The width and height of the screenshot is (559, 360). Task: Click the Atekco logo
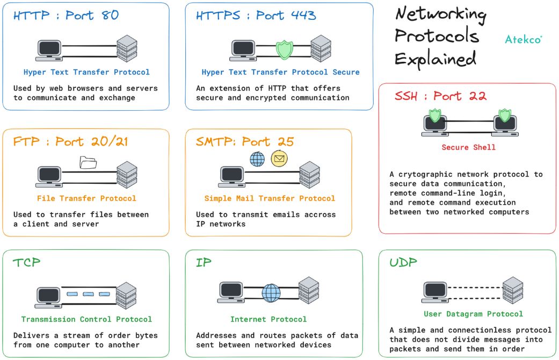(523, 39)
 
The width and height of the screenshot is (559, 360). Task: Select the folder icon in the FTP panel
(87, 162)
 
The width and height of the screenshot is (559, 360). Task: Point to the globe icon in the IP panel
(271, 293)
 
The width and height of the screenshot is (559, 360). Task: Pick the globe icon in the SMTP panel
(257, 159)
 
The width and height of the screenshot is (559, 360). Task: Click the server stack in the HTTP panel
(127, 47)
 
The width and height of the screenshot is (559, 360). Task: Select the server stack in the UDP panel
(513, 290)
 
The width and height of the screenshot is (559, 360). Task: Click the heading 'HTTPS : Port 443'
(256, 16)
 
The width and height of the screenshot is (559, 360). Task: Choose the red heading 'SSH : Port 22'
(440, 97)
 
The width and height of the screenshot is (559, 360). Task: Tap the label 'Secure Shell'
(468, 147)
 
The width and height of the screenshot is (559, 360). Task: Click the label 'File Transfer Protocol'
(86, 198)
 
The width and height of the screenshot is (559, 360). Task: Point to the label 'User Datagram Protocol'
(473, 314)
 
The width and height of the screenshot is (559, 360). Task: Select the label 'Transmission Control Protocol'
(86, 319)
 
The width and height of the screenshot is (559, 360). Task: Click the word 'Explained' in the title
(435, 57)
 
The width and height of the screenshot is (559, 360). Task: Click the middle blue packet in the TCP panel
(89, 294)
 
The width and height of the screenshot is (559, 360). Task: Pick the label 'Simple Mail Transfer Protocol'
(270, 198)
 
